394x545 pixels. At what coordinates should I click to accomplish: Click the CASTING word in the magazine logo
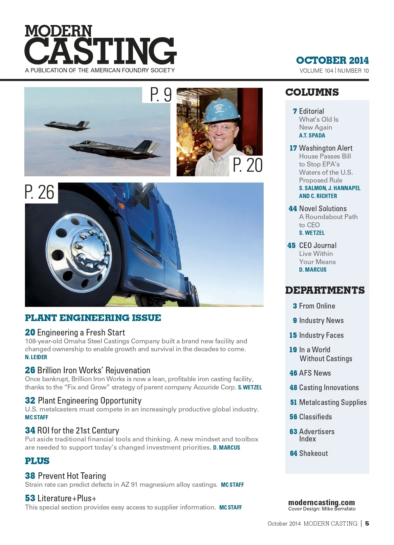[100, 51]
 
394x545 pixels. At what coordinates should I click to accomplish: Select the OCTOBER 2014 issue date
[332, 61]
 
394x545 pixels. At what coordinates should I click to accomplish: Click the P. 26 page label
[40, 192]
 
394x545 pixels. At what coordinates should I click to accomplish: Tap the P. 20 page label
[248, 165]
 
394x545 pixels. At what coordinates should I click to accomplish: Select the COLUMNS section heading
[312, 92]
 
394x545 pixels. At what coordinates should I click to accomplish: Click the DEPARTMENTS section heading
[325, 290]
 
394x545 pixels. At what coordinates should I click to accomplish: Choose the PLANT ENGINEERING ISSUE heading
[93, 318]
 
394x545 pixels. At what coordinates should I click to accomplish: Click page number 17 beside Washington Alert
[293, 148]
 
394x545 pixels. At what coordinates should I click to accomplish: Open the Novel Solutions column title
[323, 209]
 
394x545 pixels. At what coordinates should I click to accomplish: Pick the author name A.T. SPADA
[312, 136]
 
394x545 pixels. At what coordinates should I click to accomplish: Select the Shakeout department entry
[313, 453]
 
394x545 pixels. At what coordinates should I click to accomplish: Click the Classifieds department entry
[315, 417]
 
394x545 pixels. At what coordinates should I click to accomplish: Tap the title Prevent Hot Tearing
[72, 476]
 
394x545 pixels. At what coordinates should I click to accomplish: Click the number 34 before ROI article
[30, 431]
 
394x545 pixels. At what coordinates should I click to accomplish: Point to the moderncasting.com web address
[321, 503]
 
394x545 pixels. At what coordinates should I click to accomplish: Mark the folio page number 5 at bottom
[367, 523]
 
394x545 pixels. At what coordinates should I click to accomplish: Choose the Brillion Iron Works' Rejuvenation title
[94, 370]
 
